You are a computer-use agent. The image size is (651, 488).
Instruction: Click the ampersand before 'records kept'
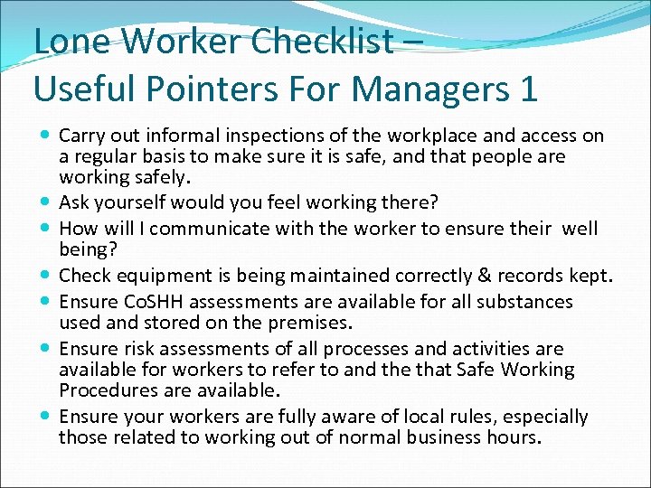(x=486, y=274)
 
